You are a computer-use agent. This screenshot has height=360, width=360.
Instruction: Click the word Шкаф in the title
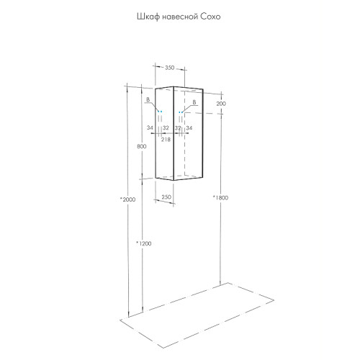(145, 17)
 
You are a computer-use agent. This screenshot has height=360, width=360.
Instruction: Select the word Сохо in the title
(210, 17)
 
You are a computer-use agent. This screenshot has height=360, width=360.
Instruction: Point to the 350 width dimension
(169, 68)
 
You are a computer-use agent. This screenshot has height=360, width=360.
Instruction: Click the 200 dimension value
(221, 104)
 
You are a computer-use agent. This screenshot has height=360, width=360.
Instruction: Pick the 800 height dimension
(142, 146)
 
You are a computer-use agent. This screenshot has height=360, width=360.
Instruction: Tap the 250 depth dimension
(166, 197)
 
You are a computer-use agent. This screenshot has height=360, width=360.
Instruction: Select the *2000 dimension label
(128, 199)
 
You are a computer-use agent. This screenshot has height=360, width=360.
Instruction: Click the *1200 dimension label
(144, 243)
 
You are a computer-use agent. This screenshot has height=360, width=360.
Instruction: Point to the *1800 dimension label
(220, 198)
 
